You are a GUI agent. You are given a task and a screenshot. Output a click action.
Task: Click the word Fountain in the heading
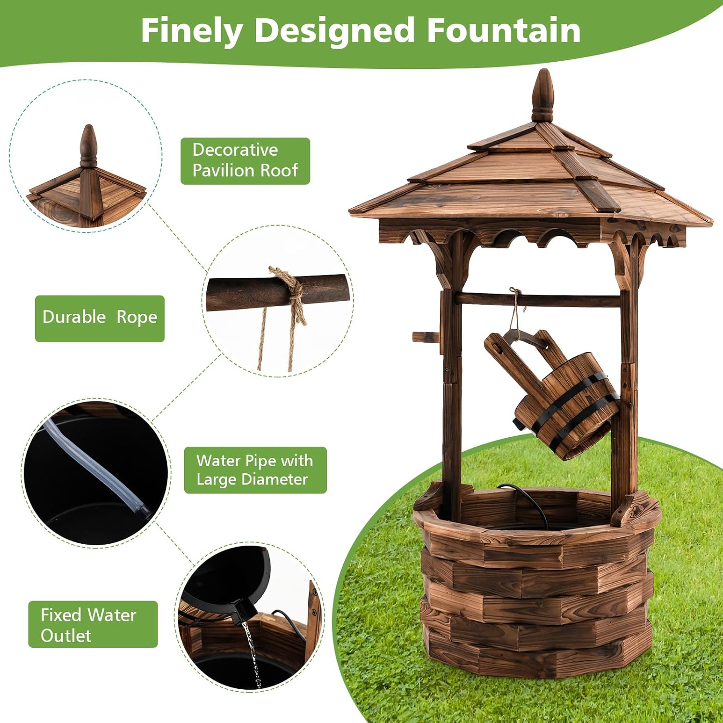[504, 30]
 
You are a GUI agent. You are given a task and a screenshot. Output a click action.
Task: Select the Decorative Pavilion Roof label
[245, 161]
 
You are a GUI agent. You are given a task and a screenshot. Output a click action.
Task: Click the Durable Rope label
[100, 318]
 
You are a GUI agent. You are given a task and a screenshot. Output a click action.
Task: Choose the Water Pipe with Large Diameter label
[255, 470]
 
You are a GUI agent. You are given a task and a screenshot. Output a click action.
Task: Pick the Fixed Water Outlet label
[93, 624]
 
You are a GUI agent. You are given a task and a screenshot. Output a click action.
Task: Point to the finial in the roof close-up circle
[88, 145]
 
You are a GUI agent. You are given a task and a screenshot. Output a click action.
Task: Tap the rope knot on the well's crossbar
[515, 294]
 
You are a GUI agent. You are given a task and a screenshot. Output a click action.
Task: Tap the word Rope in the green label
[136, 318]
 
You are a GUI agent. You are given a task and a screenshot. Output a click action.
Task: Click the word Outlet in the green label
[66, 636]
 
